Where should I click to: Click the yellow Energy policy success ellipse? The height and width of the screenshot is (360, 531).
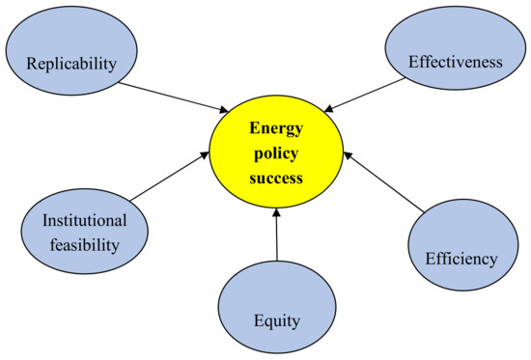click(x=275, y=152)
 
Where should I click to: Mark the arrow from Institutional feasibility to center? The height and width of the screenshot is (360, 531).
click(x=168, y=177)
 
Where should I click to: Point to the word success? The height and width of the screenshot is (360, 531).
click(x=276, y=178)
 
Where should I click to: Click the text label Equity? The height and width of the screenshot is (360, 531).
click(x=278, y=319)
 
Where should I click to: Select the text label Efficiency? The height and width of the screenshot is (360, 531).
click(x=461, y=259)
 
